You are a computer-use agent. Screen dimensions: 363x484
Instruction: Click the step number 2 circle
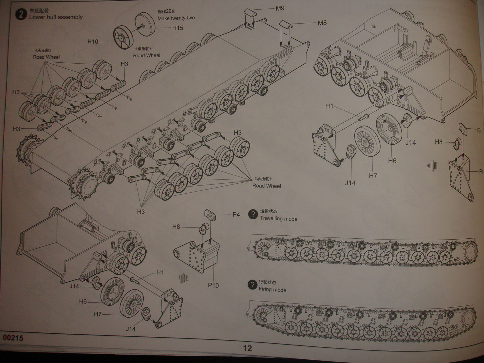[21, 15]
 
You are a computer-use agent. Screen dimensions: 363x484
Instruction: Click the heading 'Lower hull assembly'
[56, 17]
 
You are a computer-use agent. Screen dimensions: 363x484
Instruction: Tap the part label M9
[280, 8]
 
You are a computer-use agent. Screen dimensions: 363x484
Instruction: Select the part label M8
[322, 23]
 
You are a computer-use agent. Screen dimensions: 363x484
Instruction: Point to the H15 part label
[178, 28]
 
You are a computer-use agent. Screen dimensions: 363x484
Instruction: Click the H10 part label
[93, 42]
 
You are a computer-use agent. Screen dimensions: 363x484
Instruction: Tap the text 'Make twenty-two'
[176, 18]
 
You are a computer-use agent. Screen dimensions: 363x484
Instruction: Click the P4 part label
[236, 214]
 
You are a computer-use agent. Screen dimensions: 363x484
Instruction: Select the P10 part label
[213, 285]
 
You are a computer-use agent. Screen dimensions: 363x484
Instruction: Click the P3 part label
[479, 130]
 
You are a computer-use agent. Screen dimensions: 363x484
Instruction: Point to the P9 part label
[481, 172]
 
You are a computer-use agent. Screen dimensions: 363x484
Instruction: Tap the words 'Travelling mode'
[279, 219]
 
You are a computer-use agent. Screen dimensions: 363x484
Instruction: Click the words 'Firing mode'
[272, 289]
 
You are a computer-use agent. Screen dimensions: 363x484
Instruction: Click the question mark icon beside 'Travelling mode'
[252, 214]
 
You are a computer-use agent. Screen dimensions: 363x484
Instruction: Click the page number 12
[247, 348]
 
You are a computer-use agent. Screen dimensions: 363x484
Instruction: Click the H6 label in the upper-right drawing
[392, 161]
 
